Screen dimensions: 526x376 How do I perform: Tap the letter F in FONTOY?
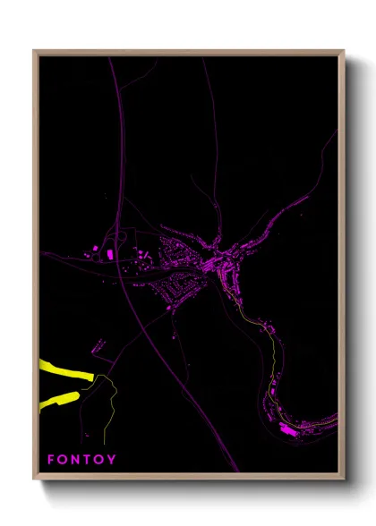coord(51,460)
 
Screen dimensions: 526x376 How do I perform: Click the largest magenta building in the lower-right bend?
coord(288,431)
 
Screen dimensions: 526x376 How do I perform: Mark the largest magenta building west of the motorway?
coord(110,256)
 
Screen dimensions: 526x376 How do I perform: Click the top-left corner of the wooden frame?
coord(35,51)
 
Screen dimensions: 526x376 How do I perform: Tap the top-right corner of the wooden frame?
coord(343,51)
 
